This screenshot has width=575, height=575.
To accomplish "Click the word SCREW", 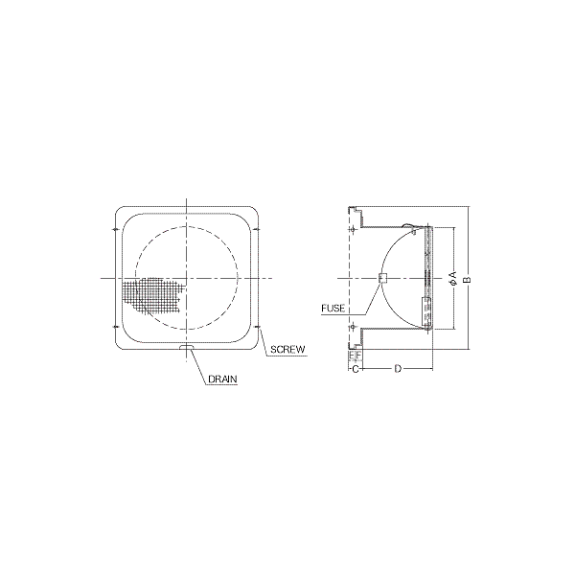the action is [287, 350].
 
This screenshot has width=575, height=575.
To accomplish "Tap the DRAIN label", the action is [222, 379].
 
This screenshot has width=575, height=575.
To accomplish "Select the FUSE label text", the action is [333, 309].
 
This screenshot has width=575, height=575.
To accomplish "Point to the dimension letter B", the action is [468, 280].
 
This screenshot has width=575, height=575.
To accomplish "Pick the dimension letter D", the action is [398, 369].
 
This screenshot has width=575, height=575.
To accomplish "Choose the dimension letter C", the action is [355, 369].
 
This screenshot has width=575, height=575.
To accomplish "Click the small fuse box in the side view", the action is [382, 278].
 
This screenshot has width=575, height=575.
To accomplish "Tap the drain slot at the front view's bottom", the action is [187, 347].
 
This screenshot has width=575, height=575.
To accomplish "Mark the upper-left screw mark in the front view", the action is [116, 230].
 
